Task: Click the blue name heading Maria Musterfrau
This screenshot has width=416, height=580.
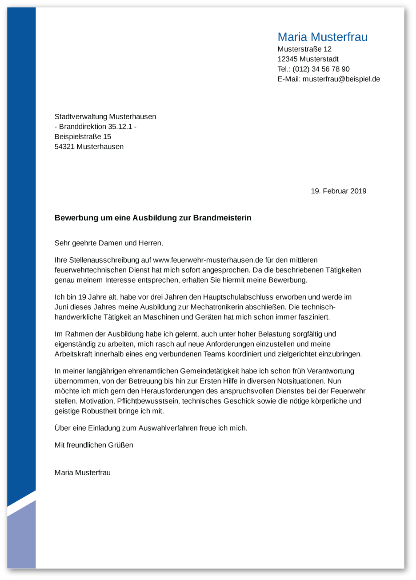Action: point(322,37)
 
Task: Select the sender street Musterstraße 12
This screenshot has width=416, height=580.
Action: point(304,49)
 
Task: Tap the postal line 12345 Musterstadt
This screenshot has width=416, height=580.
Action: point(308,59)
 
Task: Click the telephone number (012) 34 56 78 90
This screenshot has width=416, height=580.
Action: point(321,69)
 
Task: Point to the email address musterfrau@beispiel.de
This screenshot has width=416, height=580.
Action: point(341,79)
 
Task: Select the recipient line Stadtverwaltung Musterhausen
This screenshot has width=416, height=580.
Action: point(105,117)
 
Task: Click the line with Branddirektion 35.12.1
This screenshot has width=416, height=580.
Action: point(95,127)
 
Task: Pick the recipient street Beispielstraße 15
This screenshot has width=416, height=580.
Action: point(83,136)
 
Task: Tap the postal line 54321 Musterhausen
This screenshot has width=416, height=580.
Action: point(89,147)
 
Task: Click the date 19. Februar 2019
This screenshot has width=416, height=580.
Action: point(338,191)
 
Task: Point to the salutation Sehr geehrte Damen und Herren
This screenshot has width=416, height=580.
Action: point(109,243)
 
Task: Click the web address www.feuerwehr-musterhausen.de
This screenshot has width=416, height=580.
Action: point(208,260)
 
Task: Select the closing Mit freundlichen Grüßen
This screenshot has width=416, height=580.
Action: point(94,445)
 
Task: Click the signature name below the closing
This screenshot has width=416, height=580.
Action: point(83,472)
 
